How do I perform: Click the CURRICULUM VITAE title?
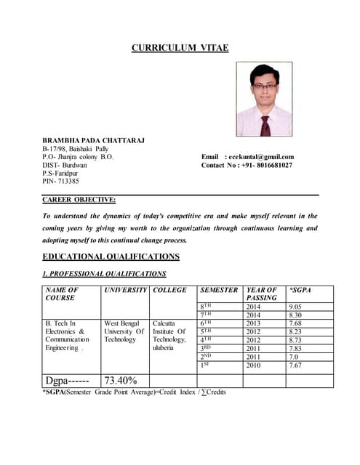point(180,48)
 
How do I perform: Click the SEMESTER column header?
point(219,290)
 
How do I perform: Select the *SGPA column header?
point(300,290)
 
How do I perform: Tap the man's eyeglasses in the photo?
point(263,84)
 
